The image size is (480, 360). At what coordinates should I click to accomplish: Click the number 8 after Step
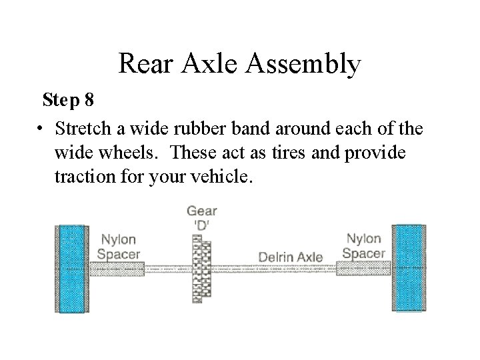(x=89, y=101)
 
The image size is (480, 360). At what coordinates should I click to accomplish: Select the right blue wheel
(x=408, y=268)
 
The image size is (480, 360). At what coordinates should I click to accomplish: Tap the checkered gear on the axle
(x=201, y=269)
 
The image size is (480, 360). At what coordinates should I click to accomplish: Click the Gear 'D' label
(x=201, y=217)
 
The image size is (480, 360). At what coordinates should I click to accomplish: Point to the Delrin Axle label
(x=290, y=257)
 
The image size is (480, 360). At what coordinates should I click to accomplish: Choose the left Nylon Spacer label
(x=118, y=247)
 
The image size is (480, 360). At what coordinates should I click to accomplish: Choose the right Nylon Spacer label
(x=363, y=245)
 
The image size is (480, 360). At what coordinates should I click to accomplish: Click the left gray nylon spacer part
(x=117, y=269)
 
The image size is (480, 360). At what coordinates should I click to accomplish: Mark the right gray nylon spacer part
(x=363, y=268)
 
